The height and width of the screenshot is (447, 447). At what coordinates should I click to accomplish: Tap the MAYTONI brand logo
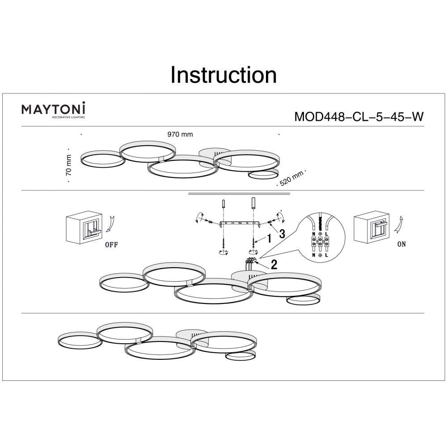54,110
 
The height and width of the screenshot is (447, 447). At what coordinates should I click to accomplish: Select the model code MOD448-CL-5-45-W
358,117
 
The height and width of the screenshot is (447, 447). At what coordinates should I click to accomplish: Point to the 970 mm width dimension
180,134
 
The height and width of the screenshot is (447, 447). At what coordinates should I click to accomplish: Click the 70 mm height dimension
68,165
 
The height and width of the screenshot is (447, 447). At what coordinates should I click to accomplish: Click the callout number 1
270,239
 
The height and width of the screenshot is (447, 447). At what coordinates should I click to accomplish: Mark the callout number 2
274,264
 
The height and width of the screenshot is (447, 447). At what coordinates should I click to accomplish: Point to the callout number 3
282,233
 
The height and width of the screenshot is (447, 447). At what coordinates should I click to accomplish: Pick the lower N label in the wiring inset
313,255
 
